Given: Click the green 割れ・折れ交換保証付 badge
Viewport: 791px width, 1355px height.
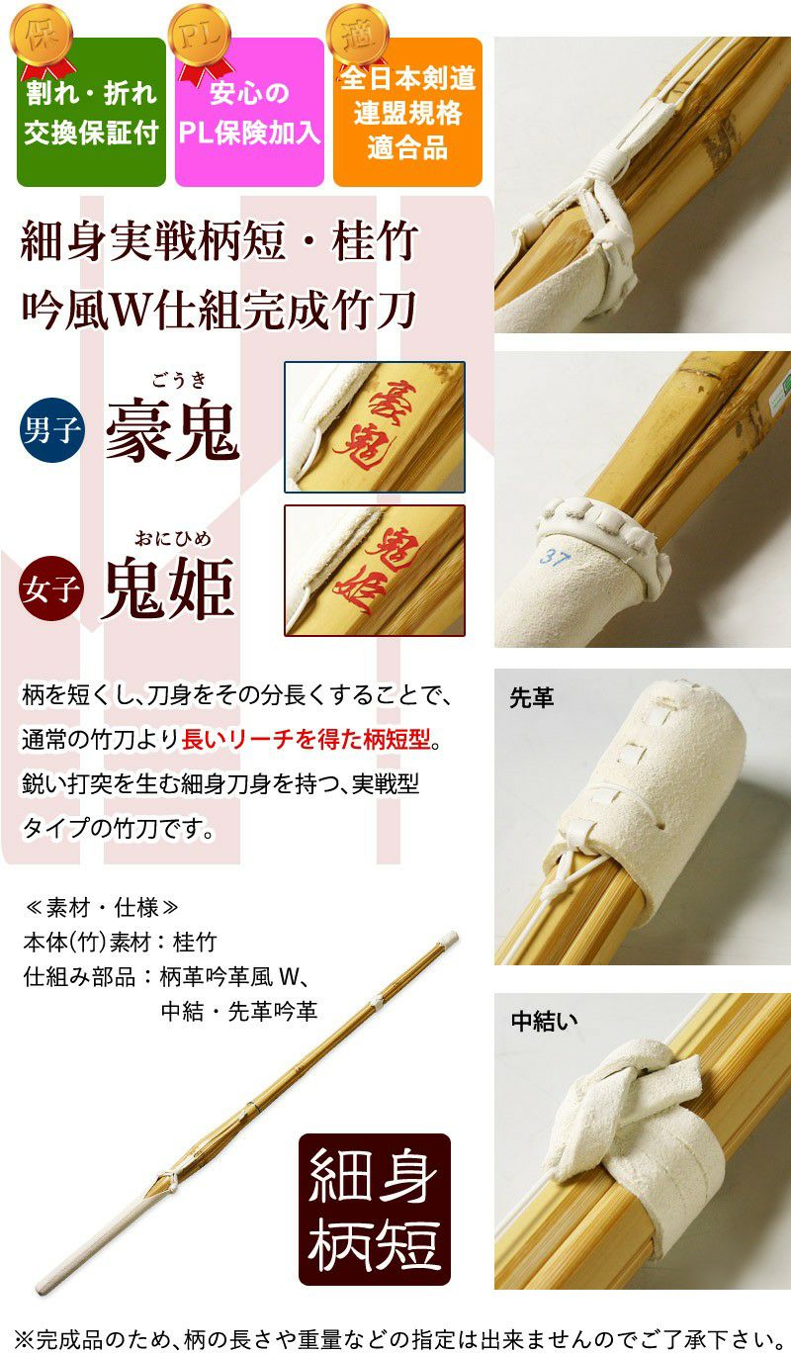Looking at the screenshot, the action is click(x=91, y=112).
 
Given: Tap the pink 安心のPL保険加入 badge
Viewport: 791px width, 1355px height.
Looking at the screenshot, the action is click(x=249, y=112).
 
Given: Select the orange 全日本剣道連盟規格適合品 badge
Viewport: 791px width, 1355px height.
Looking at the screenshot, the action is click(x=407, y=112).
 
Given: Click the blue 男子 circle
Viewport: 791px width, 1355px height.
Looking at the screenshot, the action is click(x=51, y=430).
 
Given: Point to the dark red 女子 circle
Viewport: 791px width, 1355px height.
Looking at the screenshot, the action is click(x=51, y=587).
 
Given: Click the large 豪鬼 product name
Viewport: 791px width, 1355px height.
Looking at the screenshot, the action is click(x=172, y=431).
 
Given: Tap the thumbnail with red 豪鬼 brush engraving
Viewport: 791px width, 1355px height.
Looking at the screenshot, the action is click(x=375, y=427).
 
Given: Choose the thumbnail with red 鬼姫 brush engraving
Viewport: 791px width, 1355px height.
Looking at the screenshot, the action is click(x=375, y=571).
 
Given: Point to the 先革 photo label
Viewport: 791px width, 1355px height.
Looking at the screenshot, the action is click(x=532, y=697).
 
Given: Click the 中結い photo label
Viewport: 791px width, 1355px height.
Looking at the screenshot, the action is click(x=544, y=1021).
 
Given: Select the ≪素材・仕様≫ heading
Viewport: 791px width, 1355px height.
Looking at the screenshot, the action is click(x=101, y=907).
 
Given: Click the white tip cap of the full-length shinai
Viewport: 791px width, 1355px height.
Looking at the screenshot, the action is click(x=448, y=939).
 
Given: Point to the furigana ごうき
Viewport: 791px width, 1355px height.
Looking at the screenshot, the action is click(x=179, y=381).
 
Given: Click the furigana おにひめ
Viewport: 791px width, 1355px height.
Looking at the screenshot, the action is click(x=173, y=538).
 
